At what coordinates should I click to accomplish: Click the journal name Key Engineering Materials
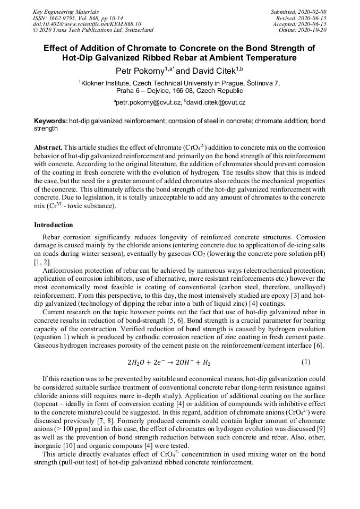66,12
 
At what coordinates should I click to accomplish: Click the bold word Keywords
50,122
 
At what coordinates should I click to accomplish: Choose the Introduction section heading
54,225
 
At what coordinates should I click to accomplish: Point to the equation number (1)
306,363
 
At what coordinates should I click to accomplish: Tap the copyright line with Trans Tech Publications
93,30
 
